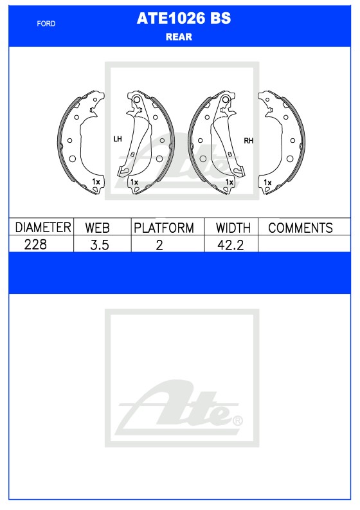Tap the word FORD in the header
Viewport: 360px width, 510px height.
46,24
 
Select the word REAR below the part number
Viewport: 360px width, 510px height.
179,37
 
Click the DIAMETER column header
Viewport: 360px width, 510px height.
42,228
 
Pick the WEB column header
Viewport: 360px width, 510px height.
98,228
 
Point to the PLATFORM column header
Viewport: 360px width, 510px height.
164,228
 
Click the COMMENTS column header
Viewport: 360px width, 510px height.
300,228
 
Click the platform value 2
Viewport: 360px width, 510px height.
159,245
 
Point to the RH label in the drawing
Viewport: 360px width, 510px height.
248,140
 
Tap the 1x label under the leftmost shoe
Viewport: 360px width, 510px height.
96,182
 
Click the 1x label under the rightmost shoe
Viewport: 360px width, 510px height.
267,183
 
